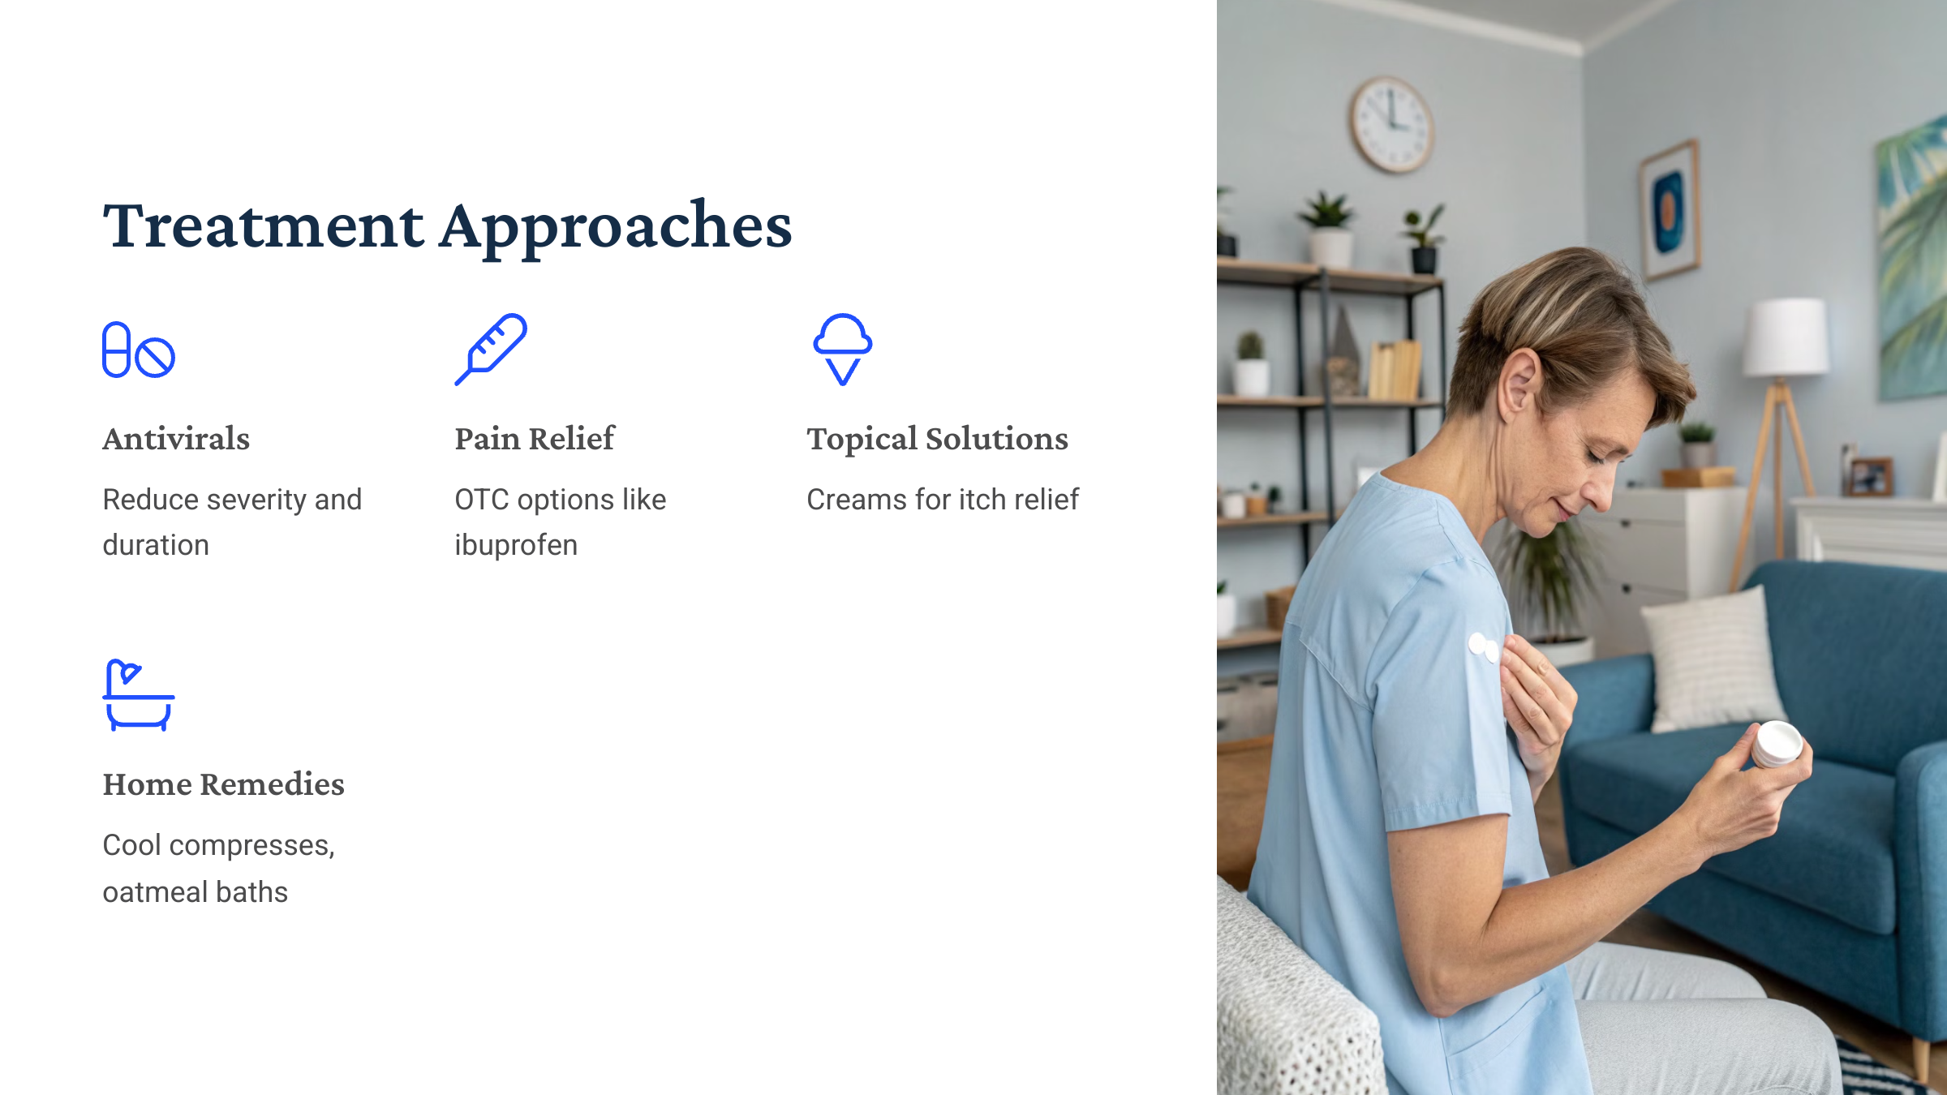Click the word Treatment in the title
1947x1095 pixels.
[263, 226]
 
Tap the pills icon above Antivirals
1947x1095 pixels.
[138, 350]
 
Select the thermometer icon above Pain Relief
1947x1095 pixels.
[491, 349]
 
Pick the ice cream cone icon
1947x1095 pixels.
[843, 349]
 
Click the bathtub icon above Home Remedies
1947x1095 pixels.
[138, 695]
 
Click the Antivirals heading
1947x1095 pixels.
[176, 439]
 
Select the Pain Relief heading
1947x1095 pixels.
[535, 439]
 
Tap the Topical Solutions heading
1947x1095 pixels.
[937, 439]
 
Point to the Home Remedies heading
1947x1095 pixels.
[223, 784]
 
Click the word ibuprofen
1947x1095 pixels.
[516, 545]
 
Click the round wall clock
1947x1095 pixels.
[1391, 124]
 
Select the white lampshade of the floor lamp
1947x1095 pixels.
[1785, 337]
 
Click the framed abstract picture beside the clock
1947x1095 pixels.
[1670, 208]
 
